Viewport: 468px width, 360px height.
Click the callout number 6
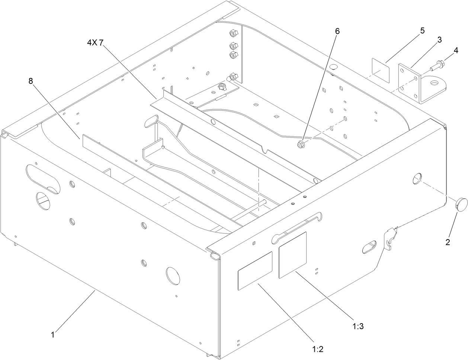(337, 31)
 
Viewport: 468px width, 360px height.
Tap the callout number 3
(439, 40)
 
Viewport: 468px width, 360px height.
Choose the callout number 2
(448, 242)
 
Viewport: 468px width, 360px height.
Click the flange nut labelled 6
(301, 144)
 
